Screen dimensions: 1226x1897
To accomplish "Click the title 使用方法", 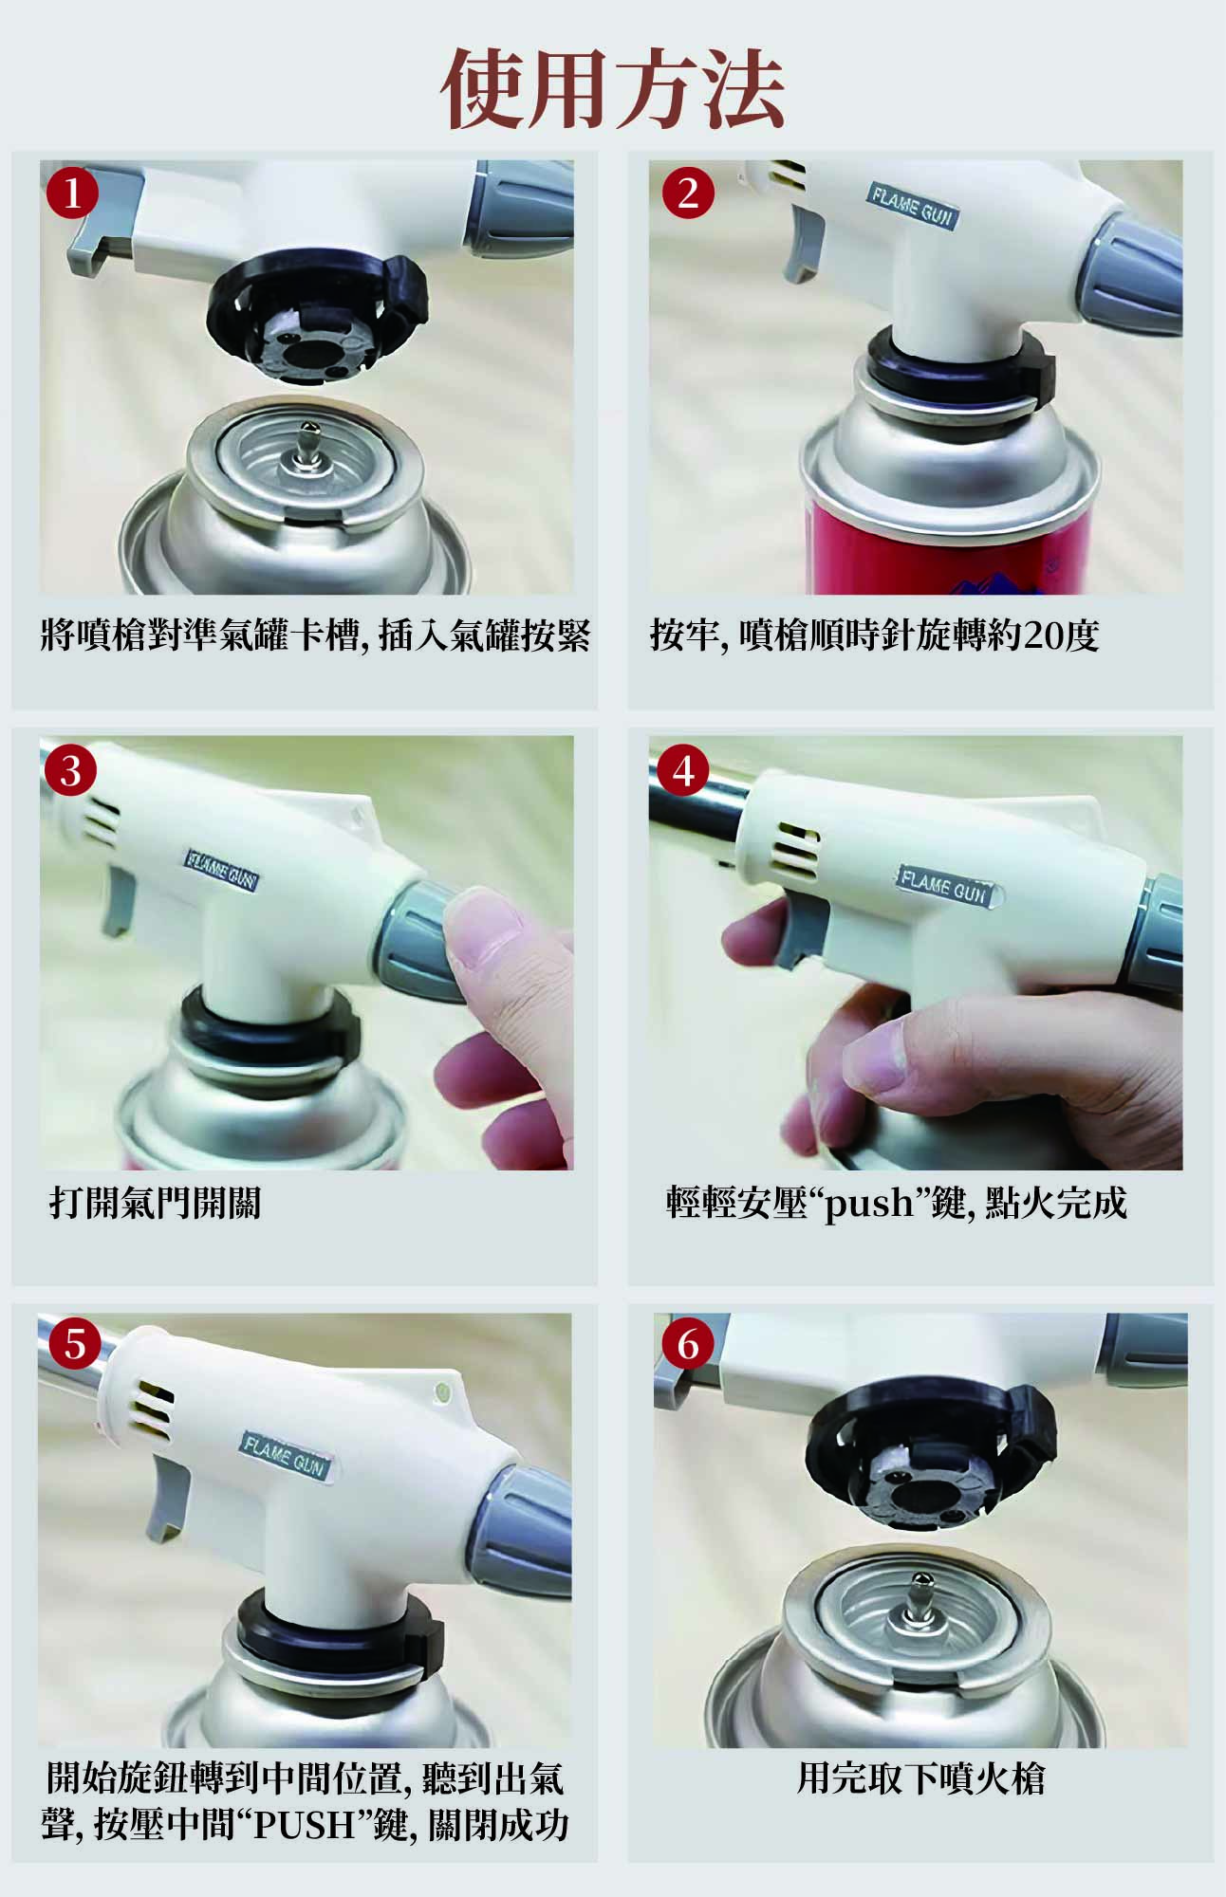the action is pos(613,89).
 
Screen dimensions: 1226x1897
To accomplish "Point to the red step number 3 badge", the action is pos(71,770).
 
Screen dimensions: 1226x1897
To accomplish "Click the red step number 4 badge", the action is pos(684,770).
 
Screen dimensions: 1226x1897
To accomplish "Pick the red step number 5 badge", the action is pos(75,1345).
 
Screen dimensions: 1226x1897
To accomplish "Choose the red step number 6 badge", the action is pos(688,1345).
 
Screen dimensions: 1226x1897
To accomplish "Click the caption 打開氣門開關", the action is pos(155,1204).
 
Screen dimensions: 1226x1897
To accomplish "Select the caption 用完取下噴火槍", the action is pos(920,1778).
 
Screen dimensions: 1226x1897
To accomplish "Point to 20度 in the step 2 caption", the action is pos(1062,635).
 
